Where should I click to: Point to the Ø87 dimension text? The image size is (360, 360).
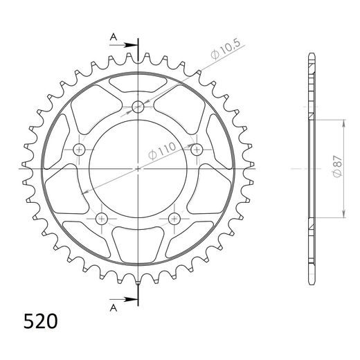point(336,168)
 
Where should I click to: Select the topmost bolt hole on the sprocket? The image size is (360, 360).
point(138,107)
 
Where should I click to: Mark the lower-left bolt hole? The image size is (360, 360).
point(102,219)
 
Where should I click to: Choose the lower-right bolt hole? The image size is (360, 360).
point(174,219)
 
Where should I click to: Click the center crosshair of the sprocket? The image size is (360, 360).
point(138,168)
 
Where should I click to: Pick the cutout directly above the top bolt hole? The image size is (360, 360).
point(138,82)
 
